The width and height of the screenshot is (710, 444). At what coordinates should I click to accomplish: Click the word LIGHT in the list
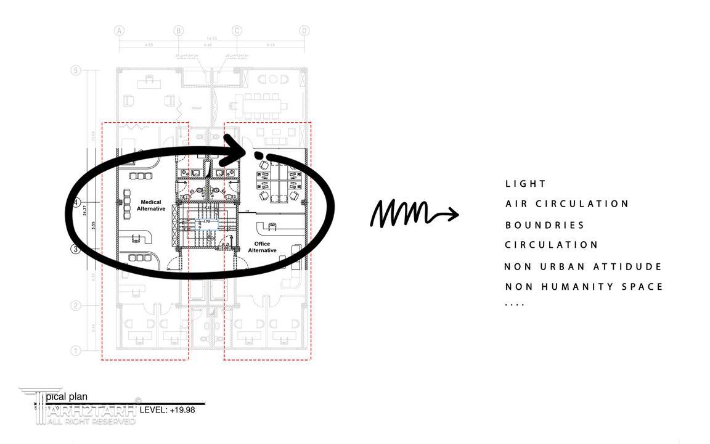(x=526, y=184)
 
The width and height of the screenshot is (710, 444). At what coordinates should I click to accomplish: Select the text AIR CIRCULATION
(x=567, y=204)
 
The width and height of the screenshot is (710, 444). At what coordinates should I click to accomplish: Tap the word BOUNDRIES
(x=545, y=226)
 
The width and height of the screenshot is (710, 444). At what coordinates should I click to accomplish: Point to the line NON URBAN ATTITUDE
(x=583, y=267)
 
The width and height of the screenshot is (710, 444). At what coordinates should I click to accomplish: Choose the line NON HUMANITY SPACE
(x=584, y=287)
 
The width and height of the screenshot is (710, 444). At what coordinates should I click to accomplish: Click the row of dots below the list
(x=515, y=305)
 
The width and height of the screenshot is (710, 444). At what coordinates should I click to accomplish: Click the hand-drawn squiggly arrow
(x=413, y=213)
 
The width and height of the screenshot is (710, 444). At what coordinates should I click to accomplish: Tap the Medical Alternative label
(x=151, y=205)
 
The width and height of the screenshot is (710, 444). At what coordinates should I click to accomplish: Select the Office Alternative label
(x=262, y=247)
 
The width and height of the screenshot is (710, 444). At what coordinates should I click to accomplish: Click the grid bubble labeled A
(x=120, y=31)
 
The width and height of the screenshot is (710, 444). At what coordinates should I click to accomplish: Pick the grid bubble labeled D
(x=304, y=31)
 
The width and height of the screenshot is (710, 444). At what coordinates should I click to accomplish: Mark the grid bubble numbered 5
(x=76, y=70)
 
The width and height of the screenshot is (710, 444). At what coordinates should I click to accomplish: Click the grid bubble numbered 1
(x=76, y=351)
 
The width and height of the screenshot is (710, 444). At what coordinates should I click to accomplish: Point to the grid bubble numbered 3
(x=76, y=249)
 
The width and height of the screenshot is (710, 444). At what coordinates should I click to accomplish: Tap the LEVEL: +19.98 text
(x=167, y=409)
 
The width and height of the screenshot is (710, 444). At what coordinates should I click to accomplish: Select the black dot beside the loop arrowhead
(x=259, y=155)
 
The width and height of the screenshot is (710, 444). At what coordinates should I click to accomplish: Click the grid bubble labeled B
(x=178, y=31)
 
